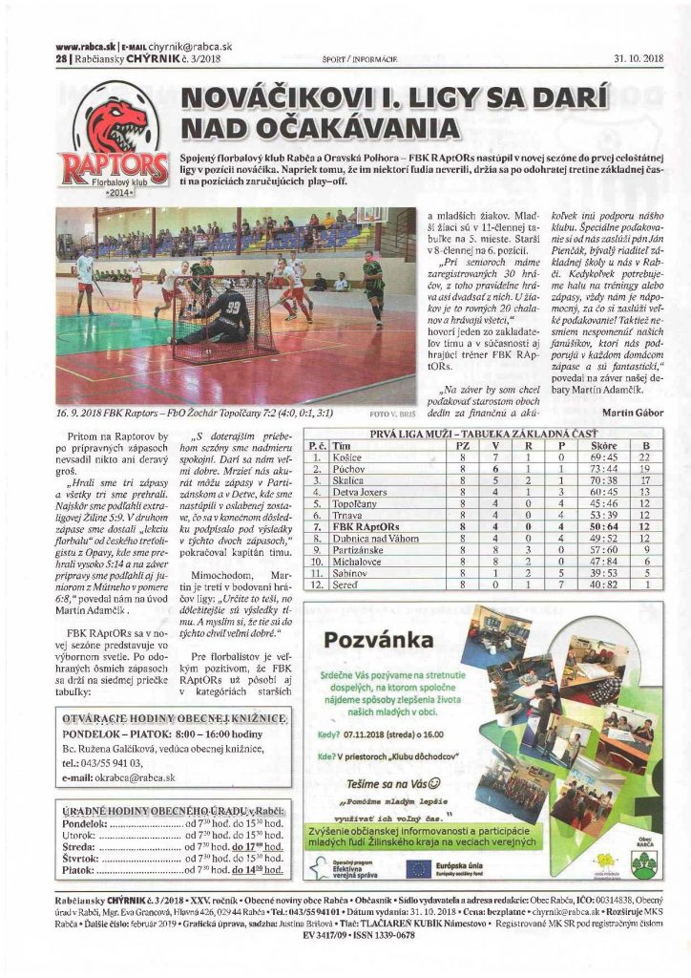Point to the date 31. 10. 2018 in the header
point(638,58)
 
